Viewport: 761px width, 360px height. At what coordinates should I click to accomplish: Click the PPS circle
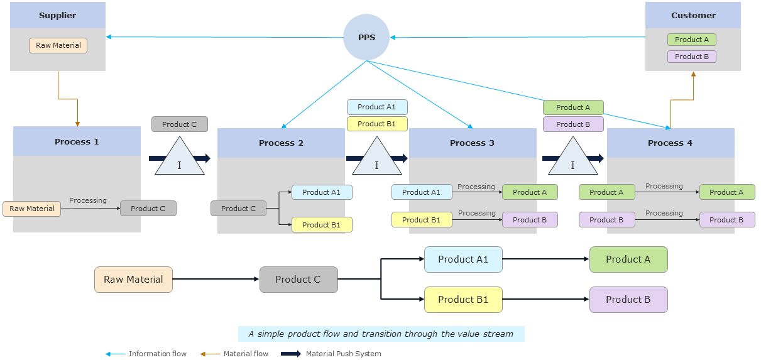point(366,37)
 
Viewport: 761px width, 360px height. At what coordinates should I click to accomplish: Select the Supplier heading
point(58,15)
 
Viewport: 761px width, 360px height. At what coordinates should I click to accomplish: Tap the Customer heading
point(693,15)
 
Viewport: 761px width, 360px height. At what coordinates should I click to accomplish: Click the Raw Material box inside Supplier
point(58,45)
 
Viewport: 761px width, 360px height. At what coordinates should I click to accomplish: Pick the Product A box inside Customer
point(691,40)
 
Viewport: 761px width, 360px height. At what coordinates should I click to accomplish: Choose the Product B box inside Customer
point(691,57)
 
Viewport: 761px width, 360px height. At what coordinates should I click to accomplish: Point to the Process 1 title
point(77,141)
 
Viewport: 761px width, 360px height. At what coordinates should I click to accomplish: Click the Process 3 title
point(472,143)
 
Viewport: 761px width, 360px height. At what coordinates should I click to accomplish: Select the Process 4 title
point(670,143)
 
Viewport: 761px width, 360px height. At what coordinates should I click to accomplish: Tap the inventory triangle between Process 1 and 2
point(180,160)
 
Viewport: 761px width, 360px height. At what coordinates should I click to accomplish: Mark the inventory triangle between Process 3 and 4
point(572,160)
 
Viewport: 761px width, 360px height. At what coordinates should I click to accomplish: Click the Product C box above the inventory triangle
point(179,124)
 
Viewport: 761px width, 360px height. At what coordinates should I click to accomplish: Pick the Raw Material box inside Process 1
point(32,209)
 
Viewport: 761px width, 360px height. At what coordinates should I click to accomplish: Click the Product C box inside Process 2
point(238,209)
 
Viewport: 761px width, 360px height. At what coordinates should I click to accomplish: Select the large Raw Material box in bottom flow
point(133,280)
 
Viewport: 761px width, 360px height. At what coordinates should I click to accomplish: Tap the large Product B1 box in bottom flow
point(463,300)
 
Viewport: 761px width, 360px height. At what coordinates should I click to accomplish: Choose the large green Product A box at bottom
point(628,259)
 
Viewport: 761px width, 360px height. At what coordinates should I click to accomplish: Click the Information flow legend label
point(157,354)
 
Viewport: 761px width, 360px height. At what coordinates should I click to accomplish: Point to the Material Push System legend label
point(343,354)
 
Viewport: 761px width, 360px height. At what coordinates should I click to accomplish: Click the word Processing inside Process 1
point(88,200)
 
